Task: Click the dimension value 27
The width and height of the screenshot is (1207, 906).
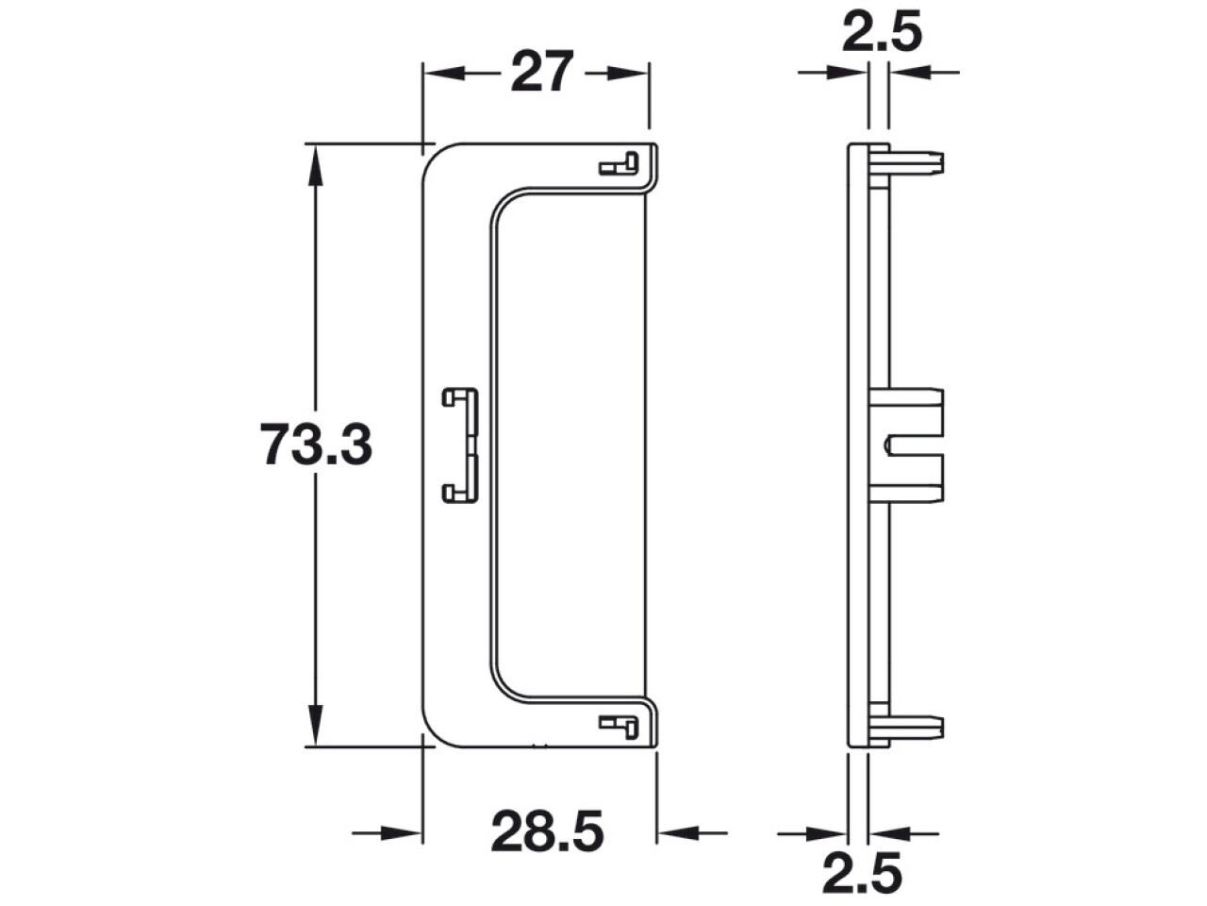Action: [541, 71]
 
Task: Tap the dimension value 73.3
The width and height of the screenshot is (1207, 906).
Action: [316, 445]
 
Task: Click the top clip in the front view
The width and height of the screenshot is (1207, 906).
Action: [618, 163]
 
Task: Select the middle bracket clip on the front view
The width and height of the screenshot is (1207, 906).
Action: [461, 445]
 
